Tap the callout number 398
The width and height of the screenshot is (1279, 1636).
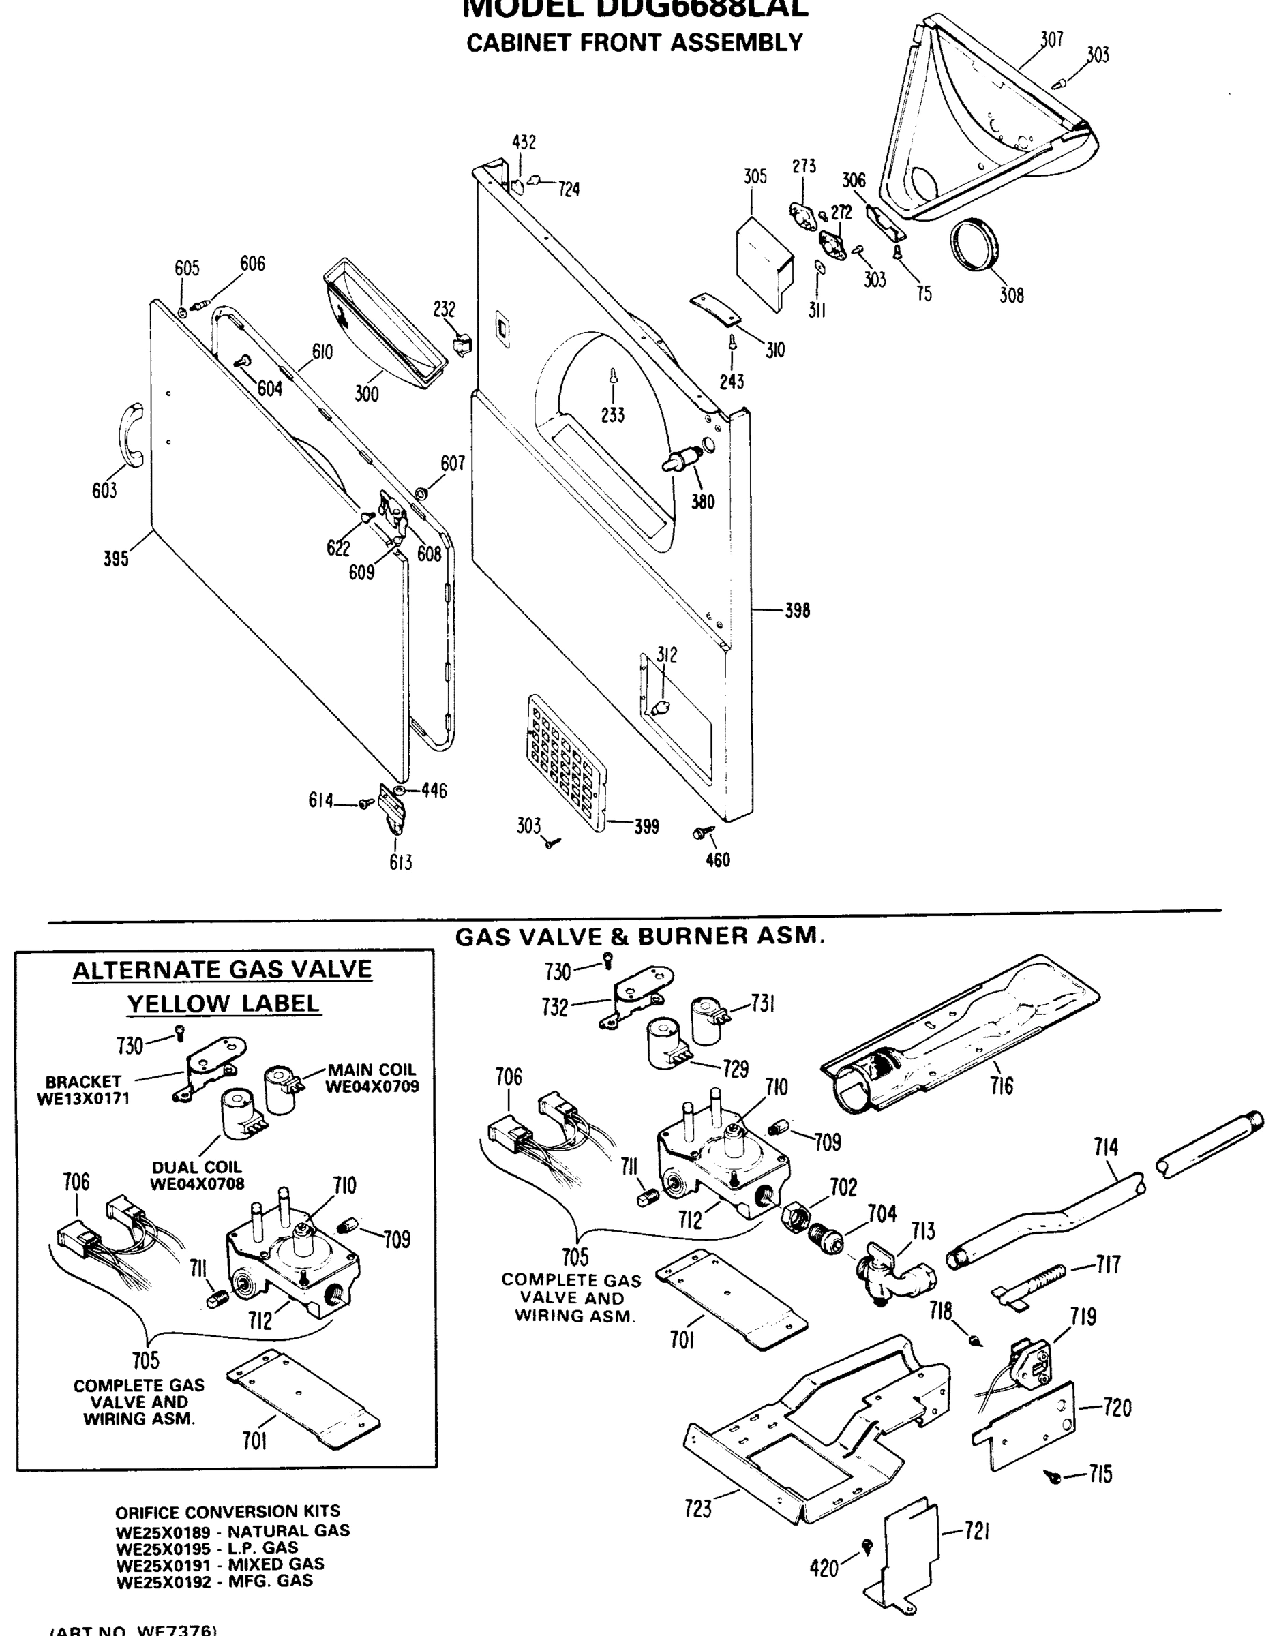(797, 611)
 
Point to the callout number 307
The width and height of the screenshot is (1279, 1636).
(1052, 40)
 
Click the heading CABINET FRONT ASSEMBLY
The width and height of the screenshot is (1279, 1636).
(635, 43)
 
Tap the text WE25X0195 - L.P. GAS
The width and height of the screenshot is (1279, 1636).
(207, 1547)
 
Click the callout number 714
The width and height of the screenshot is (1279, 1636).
(1105, 1147)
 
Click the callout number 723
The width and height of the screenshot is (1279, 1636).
(697, 1509)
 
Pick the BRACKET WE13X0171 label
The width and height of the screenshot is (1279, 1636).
(83, 1090)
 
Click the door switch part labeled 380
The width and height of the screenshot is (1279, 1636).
(683, 457)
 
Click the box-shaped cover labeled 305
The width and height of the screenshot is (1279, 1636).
(763, 258)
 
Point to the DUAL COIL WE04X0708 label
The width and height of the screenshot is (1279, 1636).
(197, 1175)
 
